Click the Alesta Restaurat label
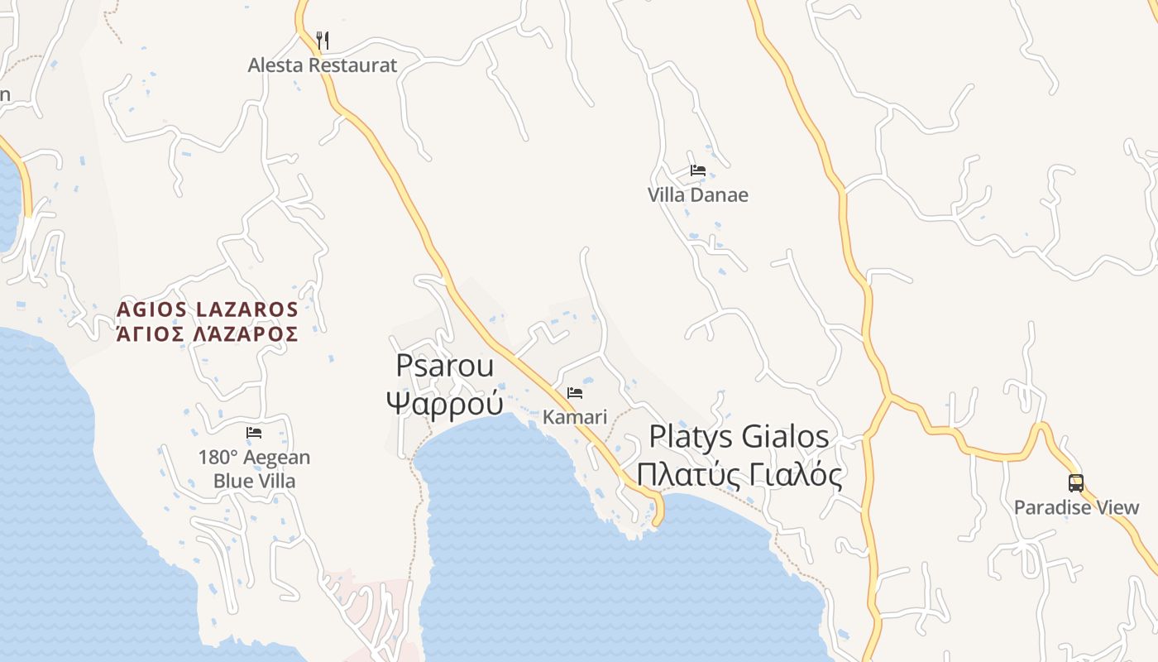tap(323, 65)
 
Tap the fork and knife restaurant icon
tap(323, 40)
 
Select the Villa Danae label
tap(697, 195)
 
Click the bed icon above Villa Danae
tap(698, 170)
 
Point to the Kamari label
tap(575, 417)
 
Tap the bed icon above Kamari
tap(575, 392)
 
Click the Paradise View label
tap(1076, 507)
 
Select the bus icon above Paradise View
tap(1075, 482)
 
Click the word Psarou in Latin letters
tap(445, 366)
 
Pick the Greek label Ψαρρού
tap(445, 403)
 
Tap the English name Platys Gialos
tap(739, 436)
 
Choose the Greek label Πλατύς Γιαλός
tap(739, 475)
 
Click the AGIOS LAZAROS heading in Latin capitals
tap(207, 309)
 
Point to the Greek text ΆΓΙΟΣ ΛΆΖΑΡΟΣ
tap(207, 334)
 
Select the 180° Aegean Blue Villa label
tap(254, 469)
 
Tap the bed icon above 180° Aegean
tap(254, 433)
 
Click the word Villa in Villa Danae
tap(668, 195)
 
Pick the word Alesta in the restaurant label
tap(275, 65)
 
